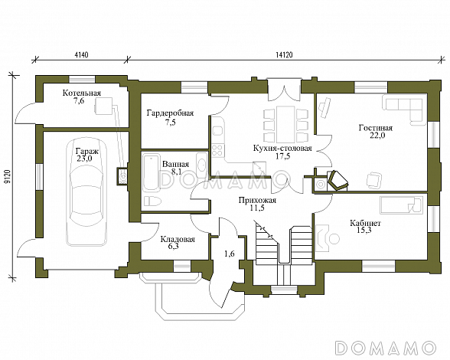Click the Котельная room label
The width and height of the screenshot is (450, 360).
[x=82, y=93]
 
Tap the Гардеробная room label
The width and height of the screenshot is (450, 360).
[x=170, y=113]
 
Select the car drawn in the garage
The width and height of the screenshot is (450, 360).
[x=85, y=192]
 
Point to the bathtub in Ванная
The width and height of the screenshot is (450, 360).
[x=151, y=172]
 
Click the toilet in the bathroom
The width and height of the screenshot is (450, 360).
[x=151, y=201]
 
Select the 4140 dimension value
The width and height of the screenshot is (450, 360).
[x=81, y=55]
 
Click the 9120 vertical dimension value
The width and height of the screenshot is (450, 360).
[x=7, y=176]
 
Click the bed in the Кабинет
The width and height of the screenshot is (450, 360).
[x=402, y=205]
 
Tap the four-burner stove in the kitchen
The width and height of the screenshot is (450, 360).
[x=218, y=149]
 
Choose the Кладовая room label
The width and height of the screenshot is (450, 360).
[x=178, y=239]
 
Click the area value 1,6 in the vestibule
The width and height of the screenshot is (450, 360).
[x=230, y=254]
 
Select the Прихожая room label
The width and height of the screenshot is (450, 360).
[x=257, y=200]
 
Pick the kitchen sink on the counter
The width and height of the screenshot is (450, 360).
[x=218, y=131]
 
